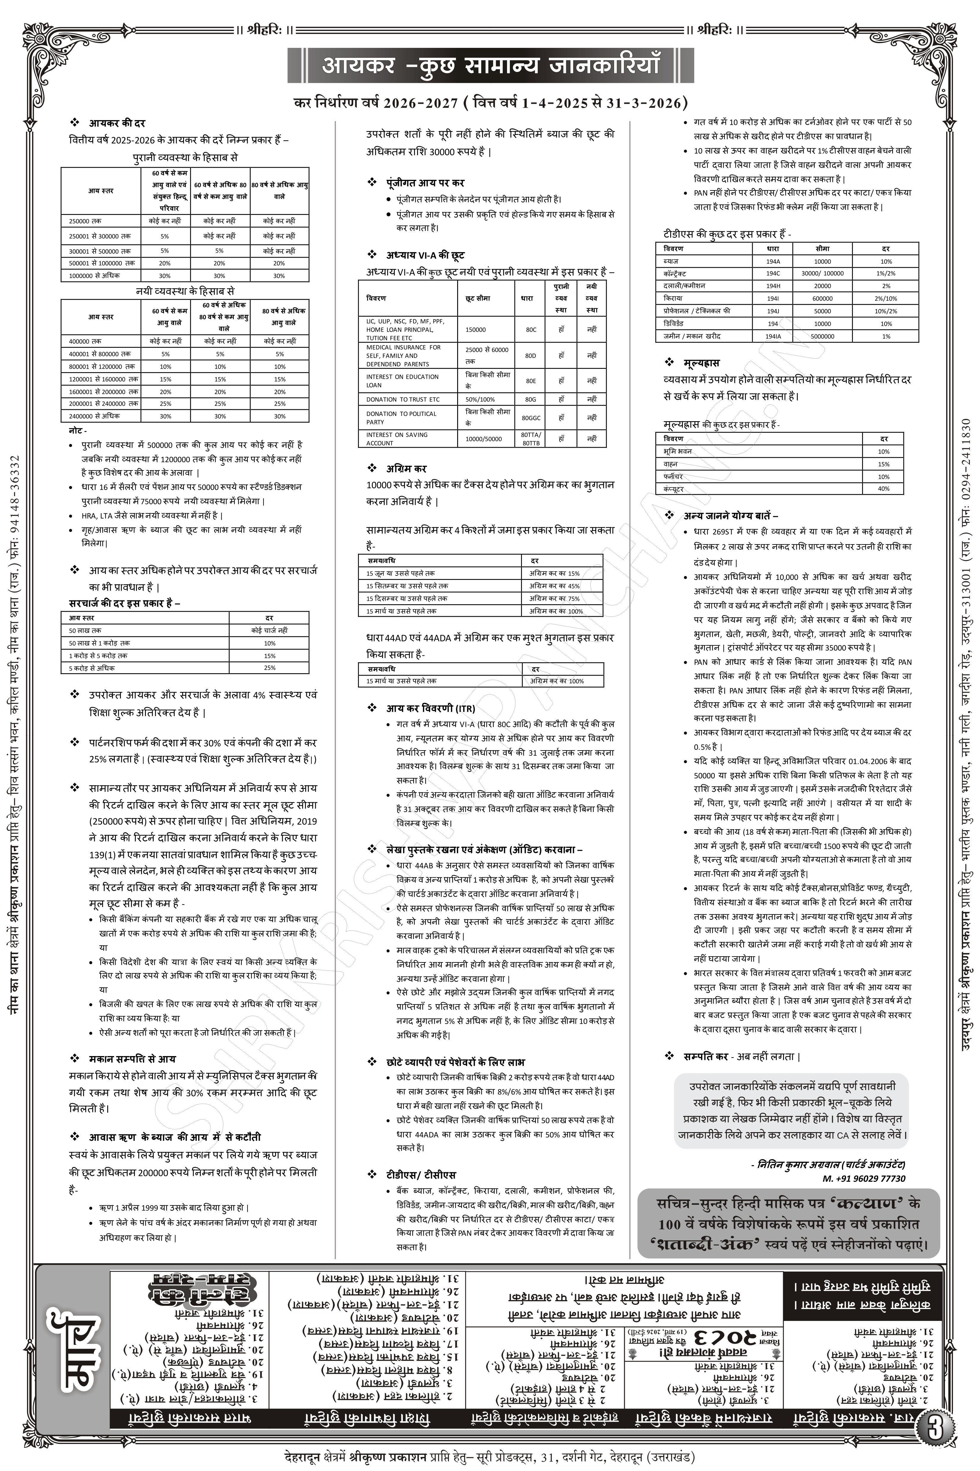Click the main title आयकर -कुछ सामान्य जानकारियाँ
point(491,65)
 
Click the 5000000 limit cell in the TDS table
point(823,336)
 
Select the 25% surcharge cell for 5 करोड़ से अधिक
point(269,668)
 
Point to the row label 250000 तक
point(85,221)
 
